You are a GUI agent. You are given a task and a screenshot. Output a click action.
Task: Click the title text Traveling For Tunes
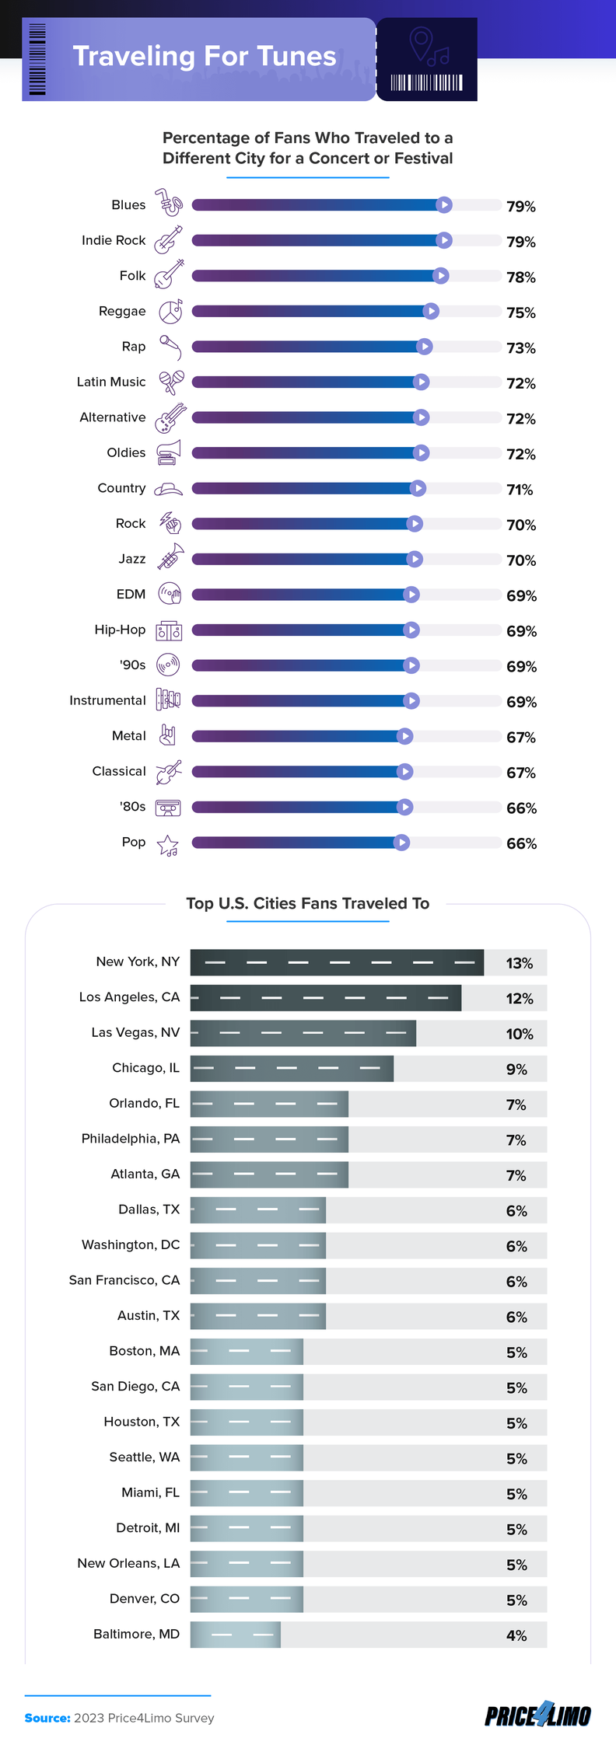[x=204, y=57]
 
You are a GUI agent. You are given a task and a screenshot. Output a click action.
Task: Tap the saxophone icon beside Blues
[x=169, y=203]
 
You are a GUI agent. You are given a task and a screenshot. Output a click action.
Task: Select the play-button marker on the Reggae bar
[x=431, y=312]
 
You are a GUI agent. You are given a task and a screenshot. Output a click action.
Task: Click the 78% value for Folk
[x=520, y=277]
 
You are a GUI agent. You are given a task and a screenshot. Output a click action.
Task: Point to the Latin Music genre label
[x=111, y=382]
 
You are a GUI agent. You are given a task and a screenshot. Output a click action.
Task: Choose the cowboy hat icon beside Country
[x=168, y=489]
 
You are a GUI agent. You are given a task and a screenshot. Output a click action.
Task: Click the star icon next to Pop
[x=168, y=845]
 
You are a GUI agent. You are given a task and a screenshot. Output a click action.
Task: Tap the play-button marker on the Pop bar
[x=401, y=843]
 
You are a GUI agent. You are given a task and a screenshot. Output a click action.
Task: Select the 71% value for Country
[x=520, y=490]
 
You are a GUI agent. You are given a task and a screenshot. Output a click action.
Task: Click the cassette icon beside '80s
[x=168, y=808]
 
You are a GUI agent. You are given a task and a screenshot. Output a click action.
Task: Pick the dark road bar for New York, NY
[x=337, y=962]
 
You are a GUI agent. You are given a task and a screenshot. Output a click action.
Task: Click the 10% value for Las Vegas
[x=520, y=1034]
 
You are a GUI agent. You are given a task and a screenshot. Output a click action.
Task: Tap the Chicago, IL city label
[x=145, y=1068]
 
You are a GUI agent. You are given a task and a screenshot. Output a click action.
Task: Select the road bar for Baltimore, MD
[x=235, y=1635]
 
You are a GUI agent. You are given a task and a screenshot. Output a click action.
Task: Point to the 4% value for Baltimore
[x=516, y=1635]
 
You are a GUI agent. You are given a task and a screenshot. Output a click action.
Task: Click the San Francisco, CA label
[x=124, y=1280]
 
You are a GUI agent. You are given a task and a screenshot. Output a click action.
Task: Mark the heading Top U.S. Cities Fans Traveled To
[x=307, y=903]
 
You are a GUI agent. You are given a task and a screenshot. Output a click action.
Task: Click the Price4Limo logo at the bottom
[x=537, y=1716]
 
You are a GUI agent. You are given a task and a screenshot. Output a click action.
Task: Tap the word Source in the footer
[x=47, y=1718]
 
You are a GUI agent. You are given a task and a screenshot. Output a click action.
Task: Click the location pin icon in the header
[x=421, y=44]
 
